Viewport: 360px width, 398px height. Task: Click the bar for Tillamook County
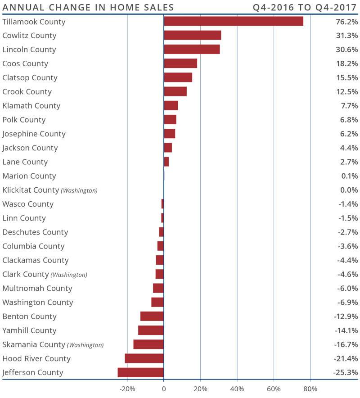[x=233, y=22]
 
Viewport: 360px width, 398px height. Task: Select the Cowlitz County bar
[x=192, y=36]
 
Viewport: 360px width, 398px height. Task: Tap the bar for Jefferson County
[x=141, y=372]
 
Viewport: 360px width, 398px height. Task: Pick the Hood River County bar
[x=144, y=358]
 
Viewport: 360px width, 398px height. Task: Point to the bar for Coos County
[x=180, y=63]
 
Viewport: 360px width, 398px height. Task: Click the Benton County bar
[x=152, y=317]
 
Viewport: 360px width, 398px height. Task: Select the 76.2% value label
[x=346, y=22]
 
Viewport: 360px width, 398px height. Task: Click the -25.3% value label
[x=345, y=372]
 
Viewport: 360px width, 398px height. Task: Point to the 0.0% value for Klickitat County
[x=349, y=190]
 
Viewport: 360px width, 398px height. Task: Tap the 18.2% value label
[x=346, y=63]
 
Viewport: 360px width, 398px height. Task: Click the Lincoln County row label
[x=29, y=50]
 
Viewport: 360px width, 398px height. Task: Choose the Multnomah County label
[x=37, y=288]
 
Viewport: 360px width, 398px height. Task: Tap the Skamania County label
[x=34, y=344]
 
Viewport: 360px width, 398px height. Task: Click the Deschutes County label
[x=35, y=232]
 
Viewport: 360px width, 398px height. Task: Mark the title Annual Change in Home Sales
[x=88, y=8]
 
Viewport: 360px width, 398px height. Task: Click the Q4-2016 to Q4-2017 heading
[x=306, y=8]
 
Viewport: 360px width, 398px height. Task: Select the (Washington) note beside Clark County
[x=69, y=275]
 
